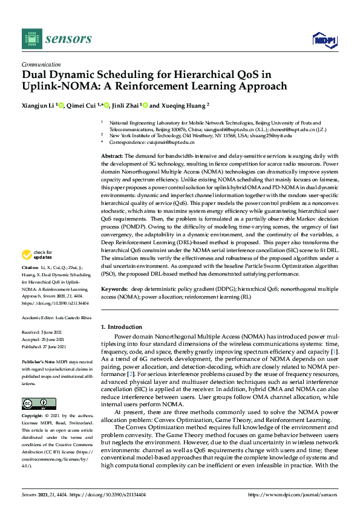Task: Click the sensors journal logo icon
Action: coord(31,39)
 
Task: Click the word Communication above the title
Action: coord(41,64)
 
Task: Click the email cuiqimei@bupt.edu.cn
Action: coord(169,142)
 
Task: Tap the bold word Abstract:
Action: coord(111,156)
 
